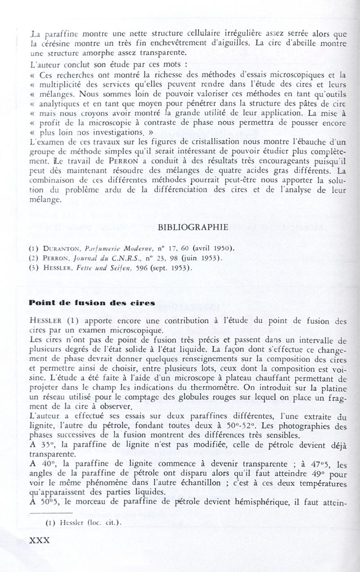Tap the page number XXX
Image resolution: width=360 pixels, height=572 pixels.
[37, 541]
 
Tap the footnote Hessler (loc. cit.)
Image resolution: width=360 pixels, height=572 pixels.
[84, 523]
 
